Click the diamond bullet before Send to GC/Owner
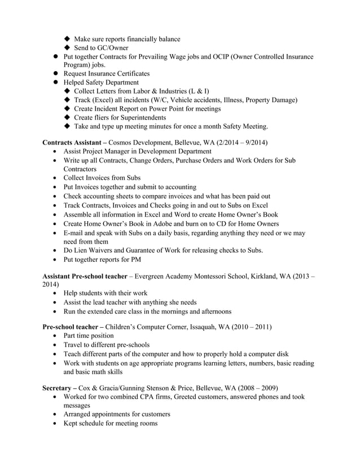click(x=68, y=48)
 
